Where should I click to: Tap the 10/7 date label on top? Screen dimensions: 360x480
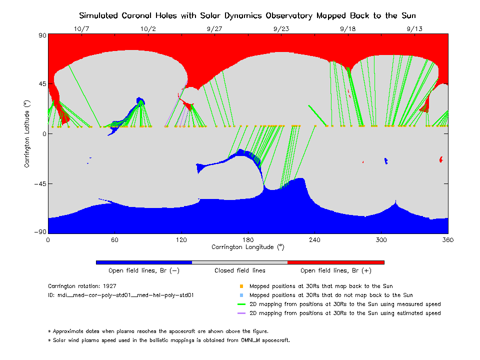[81, 29]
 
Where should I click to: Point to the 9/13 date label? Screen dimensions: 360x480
[414, 29]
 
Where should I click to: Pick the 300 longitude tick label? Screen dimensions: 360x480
[381, 240]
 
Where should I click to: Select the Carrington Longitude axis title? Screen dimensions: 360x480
[248, 247]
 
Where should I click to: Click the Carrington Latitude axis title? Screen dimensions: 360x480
[27, 133]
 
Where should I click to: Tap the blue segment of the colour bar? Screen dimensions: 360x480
[144, 262]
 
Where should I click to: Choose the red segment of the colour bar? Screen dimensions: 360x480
[335, 262]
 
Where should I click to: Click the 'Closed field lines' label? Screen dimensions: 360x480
[240, 270]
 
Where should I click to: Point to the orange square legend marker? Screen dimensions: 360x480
[241, 286]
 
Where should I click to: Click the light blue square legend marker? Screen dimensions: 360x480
[241, 295]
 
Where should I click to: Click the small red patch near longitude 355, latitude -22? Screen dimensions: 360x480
[441, 159]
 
